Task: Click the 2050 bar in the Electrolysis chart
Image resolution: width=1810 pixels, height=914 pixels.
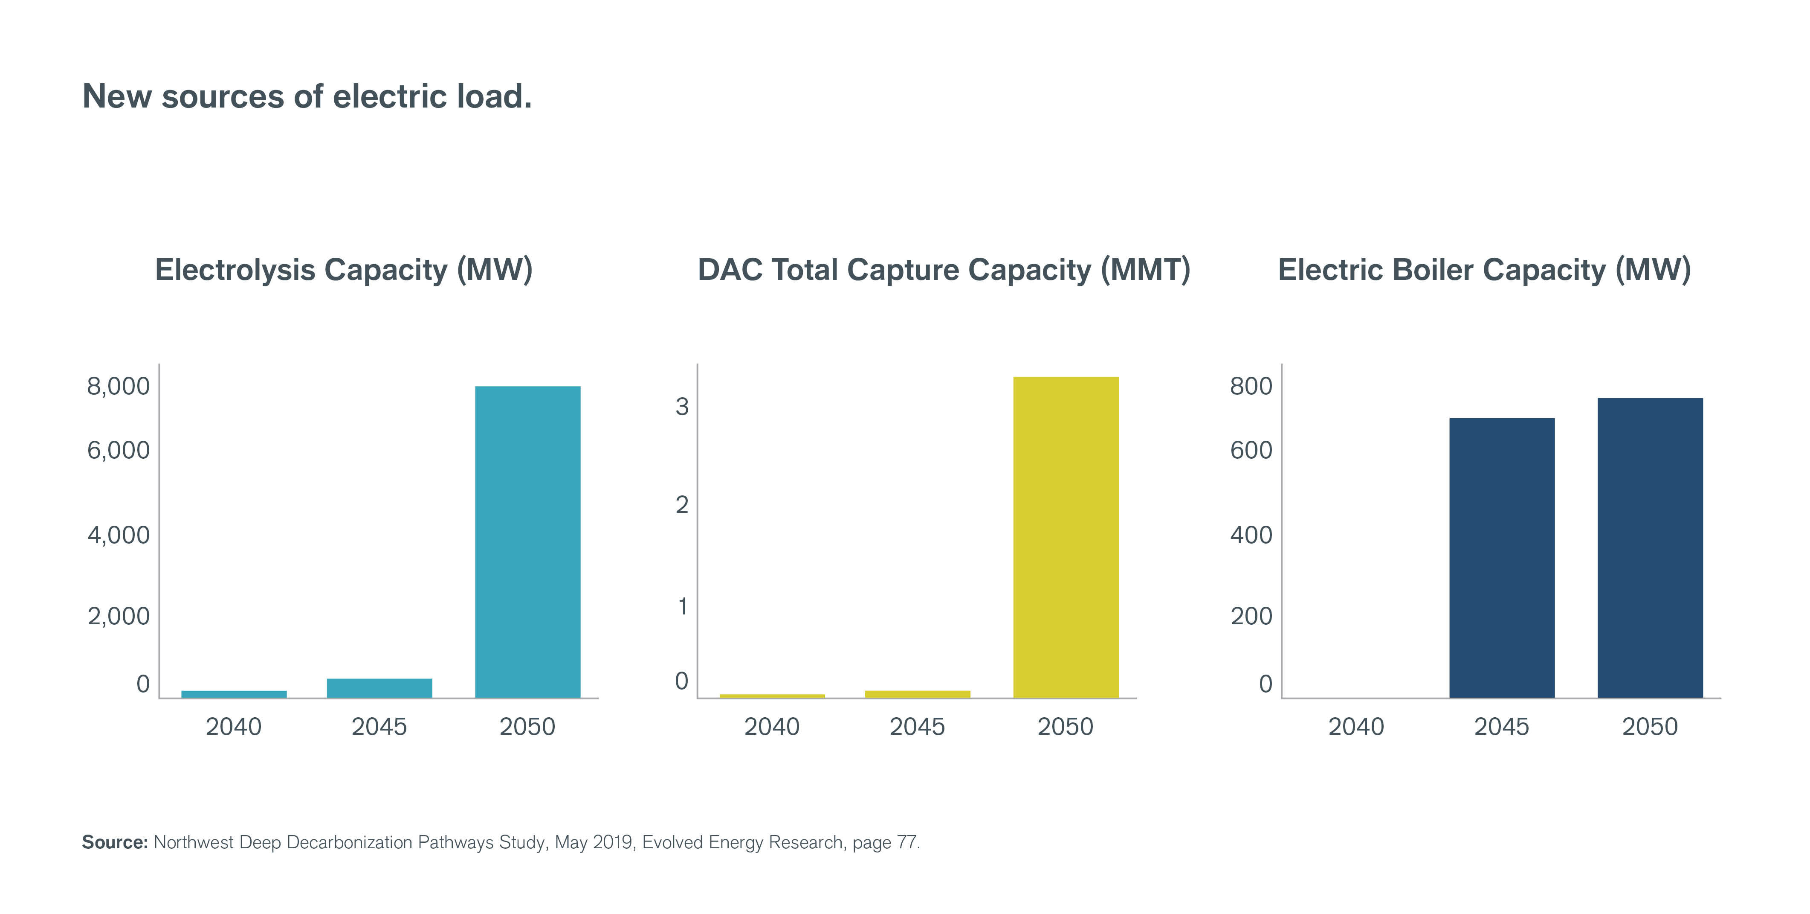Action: (x=528, y=541)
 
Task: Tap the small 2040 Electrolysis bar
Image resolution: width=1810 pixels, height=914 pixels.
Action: (x=234, y=694)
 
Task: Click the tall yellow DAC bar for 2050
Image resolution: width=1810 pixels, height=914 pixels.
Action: (x=1066, y=537)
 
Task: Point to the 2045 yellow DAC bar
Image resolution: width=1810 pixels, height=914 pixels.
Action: (x=918, y=694)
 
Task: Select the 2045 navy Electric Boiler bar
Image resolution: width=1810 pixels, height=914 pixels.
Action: (x=1502, y=558)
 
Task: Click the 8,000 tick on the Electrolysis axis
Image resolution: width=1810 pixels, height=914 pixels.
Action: (x=118, y=386)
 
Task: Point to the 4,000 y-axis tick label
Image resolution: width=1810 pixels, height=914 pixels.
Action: (x=118, y=535)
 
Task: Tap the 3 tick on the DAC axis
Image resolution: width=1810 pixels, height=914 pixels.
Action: (x=681, y=406)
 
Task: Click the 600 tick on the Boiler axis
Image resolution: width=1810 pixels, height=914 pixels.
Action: (x=1251, y=450)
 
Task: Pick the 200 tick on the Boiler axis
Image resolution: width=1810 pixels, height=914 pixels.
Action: (x=1251, y=616)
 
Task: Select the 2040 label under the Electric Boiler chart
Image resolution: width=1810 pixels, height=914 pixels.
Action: (x=1355, y=726)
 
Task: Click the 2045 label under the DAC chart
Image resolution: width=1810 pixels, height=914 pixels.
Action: (x=917, y=726)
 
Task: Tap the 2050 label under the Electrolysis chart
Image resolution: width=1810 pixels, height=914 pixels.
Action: (x=527, y=726)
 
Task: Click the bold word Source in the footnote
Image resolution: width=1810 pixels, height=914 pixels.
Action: (x=114, y=842)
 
